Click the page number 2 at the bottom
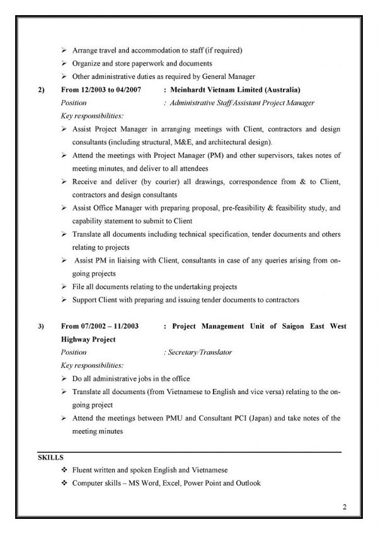(345, 508)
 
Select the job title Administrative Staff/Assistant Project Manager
(241, 103)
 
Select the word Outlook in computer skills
(246, 483)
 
